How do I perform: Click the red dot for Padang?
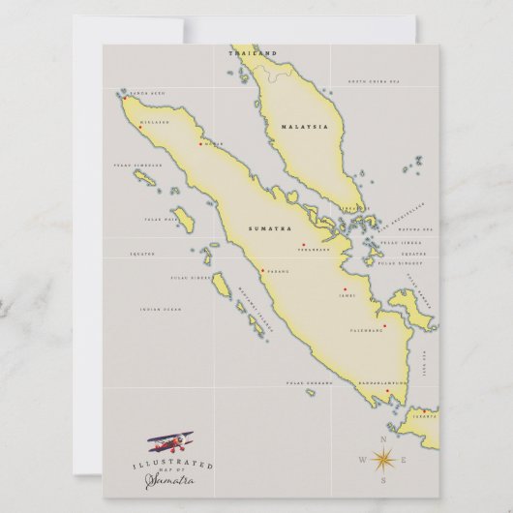pos(263,270)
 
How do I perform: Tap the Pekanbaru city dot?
pos(303,244)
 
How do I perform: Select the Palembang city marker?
pos(384,325)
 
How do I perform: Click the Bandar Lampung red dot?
pos(387,391)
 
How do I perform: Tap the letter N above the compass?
pos(381,439)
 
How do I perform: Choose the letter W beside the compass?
pos(362,459)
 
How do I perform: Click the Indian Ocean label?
pos(160,310)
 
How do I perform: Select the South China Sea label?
pos(370,82)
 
